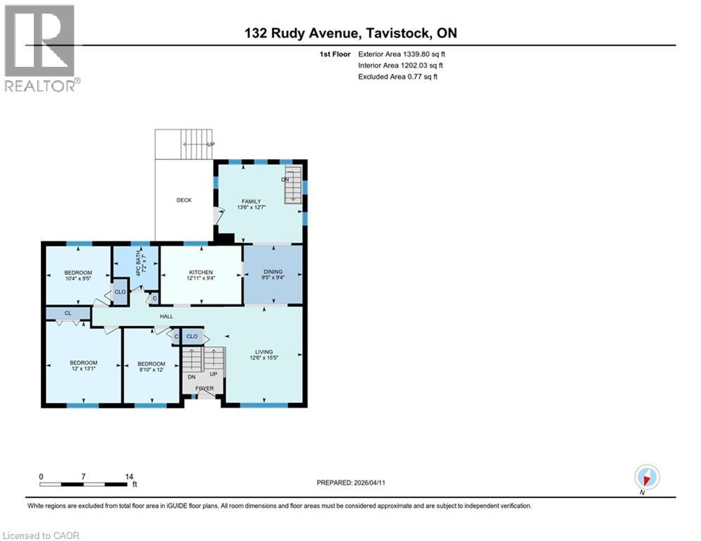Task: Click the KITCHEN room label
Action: pyautogui.click(x=201, y=272)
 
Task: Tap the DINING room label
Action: pyautogui.click(x=273, y=272)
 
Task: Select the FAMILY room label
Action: pyautogui.click(x=251, y=201)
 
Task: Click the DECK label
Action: pyautogui.click(x=184, y=200)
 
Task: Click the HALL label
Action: pyautogui.click(x=166, y=317)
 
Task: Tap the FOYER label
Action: pyautogui.click(x=204, y=388)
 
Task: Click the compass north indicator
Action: pyautogui.click(x=646, y=478)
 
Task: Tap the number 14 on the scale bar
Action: pyautogui.click(x=129, y=477)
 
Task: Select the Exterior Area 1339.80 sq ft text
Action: pyautogui.click(x=402, y=54)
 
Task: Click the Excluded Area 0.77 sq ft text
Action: pyautogui.click(x=398, y=76)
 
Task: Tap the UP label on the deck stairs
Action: pyautogui.click(x=210, y=144)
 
